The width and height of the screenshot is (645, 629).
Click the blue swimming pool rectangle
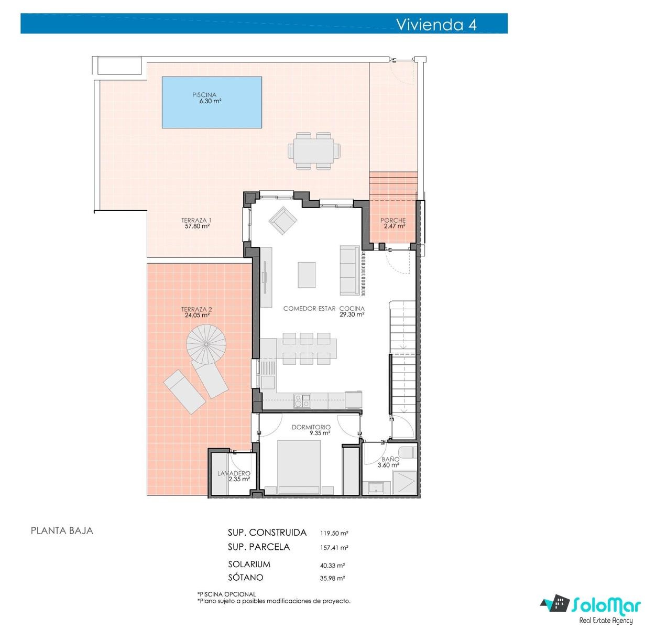point(212,102)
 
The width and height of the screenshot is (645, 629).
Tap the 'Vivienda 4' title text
point(436,25)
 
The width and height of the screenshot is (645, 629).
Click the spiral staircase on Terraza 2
point(206,344)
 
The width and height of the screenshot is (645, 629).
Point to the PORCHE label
point(393,220)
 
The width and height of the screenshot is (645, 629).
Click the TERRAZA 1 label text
point(196,220)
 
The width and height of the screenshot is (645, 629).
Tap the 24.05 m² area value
point(197,316)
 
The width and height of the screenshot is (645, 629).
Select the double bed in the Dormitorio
point(299,468)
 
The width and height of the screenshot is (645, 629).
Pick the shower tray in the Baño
point(405,482)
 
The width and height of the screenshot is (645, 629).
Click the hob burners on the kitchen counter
point(302,400)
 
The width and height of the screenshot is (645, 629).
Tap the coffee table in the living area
point(307,275)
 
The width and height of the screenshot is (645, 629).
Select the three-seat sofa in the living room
point(349,270)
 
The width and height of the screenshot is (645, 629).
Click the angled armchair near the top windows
point(283,221)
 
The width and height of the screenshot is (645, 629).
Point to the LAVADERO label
point(234,473)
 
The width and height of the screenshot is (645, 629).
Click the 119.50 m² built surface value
point(334,533)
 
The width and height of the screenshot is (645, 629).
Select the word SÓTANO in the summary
point(246,577)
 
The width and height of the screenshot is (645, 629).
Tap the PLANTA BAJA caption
point(62,530)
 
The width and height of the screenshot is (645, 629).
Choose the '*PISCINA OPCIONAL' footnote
point(226,594)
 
